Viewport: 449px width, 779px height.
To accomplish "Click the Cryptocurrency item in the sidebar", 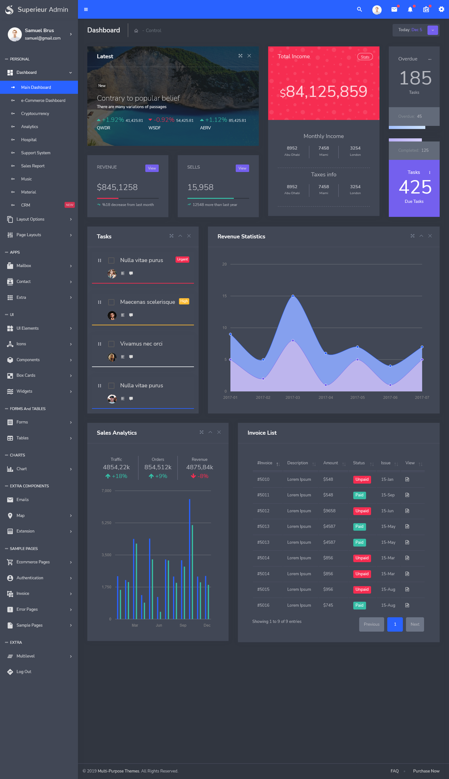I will click(35, 113).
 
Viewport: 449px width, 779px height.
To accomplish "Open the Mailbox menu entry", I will click(24, 265).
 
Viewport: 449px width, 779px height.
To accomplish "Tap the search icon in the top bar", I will click(360, 9).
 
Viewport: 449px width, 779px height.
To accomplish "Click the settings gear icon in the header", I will click(441, 9).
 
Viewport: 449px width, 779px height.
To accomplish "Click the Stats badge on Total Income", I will click(365, 57).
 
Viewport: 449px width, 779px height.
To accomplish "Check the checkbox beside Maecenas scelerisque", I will click(111, 302).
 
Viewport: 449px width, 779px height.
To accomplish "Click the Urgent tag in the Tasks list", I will click(182, 259).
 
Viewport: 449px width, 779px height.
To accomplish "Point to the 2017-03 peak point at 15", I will click(293, 296).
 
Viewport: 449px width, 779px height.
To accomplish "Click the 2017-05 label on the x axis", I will click(357, 398).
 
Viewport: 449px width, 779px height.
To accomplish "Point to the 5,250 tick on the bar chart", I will click(106, 523).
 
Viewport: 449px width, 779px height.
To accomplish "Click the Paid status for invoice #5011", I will click(359, 495).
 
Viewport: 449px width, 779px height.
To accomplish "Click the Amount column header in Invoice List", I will click(331, 463).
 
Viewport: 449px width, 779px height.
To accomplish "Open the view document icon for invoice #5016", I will click(407, 605).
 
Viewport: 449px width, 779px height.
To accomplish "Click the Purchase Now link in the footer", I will click(426, 771).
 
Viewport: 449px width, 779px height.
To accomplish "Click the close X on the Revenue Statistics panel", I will click(430, 236).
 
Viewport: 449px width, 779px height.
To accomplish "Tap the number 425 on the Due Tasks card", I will click(415, 187).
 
